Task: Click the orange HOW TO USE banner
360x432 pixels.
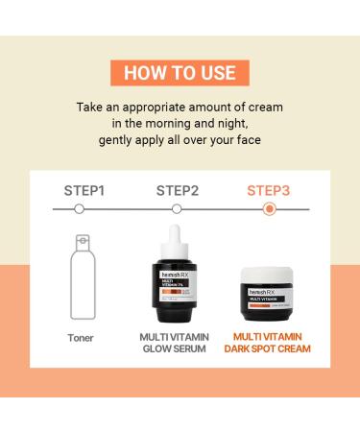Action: tap(180, 74)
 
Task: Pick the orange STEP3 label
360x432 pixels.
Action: tap(269, 190)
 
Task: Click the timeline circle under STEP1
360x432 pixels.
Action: tap(79, 208)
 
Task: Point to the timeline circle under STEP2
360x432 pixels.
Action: tap(176, 208)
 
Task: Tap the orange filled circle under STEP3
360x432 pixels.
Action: tap(270, 208)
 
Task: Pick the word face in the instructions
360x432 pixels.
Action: tap(244, 140)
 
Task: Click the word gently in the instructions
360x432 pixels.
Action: tap(119, 140)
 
